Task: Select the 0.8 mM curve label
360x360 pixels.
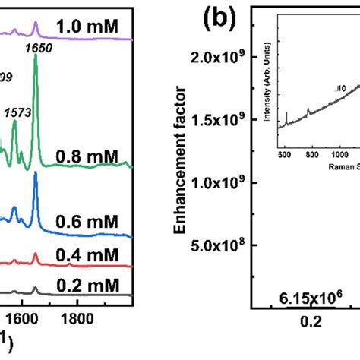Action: pos(87,157)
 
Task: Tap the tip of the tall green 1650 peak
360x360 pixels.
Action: pos(36,61)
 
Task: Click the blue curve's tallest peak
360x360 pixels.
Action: pos(36,174)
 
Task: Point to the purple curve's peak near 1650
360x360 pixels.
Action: pos(36,24)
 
